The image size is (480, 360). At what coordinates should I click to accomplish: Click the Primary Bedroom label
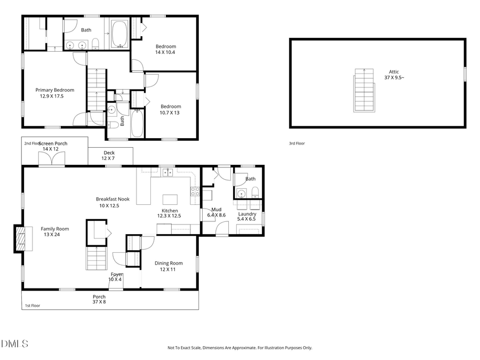click(54, 93)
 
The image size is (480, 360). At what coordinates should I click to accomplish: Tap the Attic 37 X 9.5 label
click(394, 75)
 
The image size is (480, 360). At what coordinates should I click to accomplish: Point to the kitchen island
click(171, 199)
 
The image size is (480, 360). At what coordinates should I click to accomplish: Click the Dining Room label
click(169, 266)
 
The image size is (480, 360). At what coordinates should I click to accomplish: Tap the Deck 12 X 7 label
click(108, 156)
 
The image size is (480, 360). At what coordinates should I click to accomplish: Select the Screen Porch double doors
click(52, 159)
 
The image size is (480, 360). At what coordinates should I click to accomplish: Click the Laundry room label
click(247, 217)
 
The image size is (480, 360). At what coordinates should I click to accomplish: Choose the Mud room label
click(216, 212)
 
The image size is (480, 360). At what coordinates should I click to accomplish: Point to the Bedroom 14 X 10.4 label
click(165, 49)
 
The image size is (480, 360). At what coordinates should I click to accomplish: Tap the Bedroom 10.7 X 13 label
click(171, 109)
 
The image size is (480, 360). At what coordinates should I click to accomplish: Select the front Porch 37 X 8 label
click(99, 299)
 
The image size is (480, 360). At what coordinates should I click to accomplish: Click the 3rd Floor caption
click(297, 143)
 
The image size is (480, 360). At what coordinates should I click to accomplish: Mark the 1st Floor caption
click(33, 306)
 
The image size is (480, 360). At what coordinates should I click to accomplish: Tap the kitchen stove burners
click(195, 191)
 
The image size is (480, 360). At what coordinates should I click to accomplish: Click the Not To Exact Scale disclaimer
click(239, 348)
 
